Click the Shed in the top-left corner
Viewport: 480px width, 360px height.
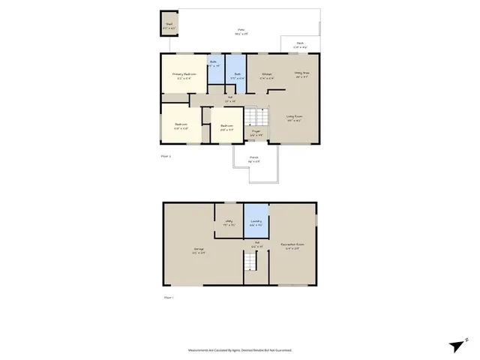pyautogui.click(x=169, y=24)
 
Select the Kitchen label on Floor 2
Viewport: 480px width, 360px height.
pyautogui.click(x=265, y=74)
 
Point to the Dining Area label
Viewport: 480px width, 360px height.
pyautogui.click(x=302, y=74)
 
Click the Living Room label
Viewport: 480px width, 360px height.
pyautogui.click(x=294, y=117)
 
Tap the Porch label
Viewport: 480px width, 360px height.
pyautogui.click(x=254, y=159)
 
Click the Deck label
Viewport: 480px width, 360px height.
pyautogui.click(x=300, y=44)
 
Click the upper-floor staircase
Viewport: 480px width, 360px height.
pyautogui.click(x=256, y=117)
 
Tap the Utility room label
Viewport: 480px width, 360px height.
pyautogui.click(x=228, y=222)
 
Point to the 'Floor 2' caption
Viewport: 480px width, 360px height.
pyautogui.click(x=167, y=156)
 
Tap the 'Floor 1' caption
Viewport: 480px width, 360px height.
pyautogui.click(x=168, y=298)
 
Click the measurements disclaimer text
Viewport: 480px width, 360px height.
pyautogui.click(x=240, y=350)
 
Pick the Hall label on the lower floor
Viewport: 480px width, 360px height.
pyautogui.click(x=256, y=242)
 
